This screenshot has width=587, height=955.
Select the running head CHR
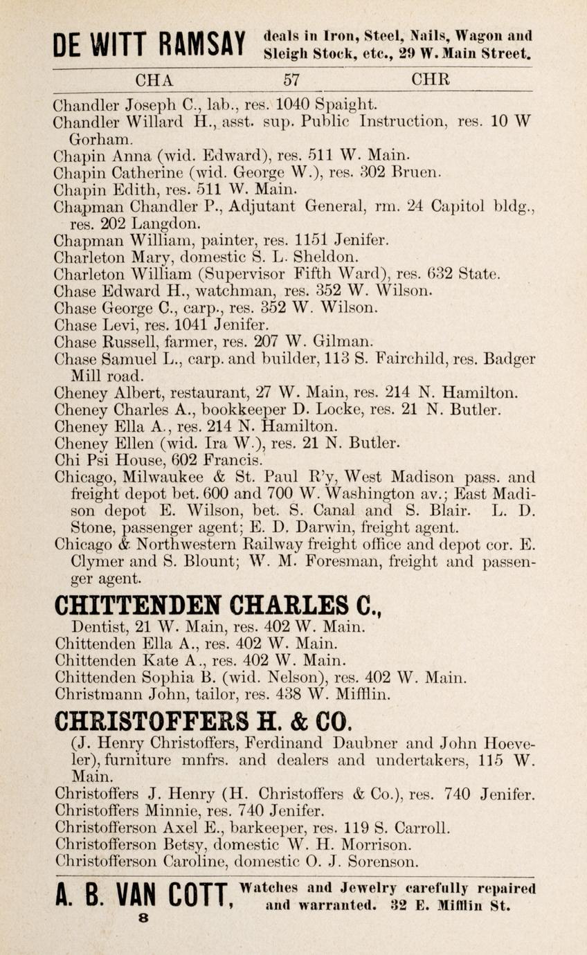click(431, 79)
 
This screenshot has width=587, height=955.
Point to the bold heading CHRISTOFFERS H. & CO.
click(204, 720)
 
